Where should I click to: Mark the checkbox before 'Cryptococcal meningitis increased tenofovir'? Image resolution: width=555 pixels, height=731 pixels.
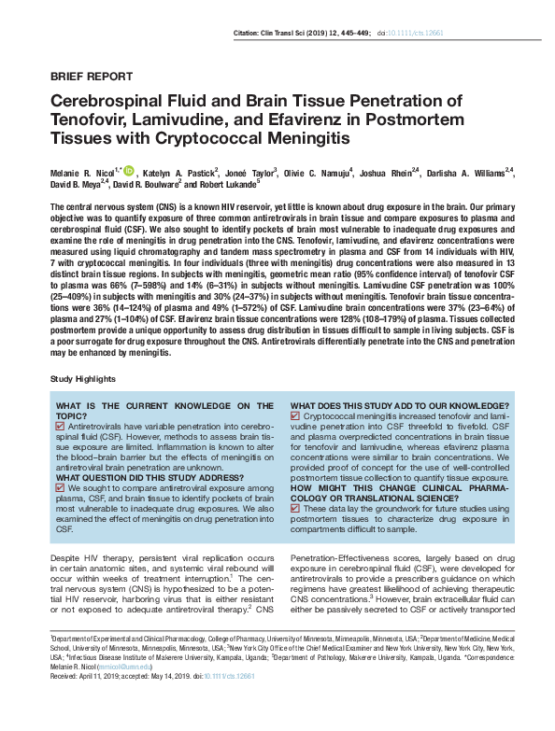pos(297,415)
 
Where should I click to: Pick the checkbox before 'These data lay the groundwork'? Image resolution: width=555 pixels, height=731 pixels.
pos(297,507)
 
